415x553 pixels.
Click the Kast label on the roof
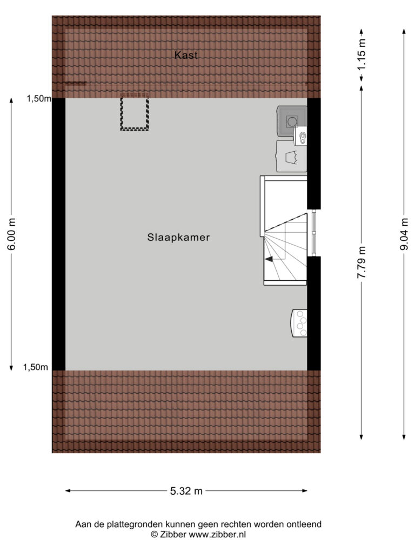pos(186,55)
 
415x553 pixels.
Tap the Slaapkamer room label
pos(178,238)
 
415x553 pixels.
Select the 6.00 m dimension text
pos(11,234)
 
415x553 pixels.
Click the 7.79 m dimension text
pos(362,262)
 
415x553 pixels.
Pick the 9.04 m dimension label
pos(404,234)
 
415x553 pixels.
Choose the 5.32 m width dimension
pos(186,491)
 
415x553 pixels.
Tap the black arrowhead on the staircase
pos(269,259)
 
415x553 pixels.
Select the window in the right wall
pos(314,233)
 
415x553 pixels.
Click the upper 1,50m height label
pos(39,99)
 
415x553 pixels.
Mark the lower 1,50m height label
pos(35,367)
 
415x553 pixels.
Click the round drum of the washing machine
pos(292,122)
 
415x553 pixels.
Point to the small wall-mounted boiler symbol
pos(300,136)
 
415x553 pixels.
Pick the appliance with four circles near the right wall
pos(299,323)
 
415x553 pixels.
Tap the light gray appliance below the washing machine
pos(291,156)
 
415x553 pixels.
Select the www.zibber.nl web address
pos(217,534)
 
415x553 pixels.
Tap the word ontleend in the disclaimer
pos(306,524)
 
